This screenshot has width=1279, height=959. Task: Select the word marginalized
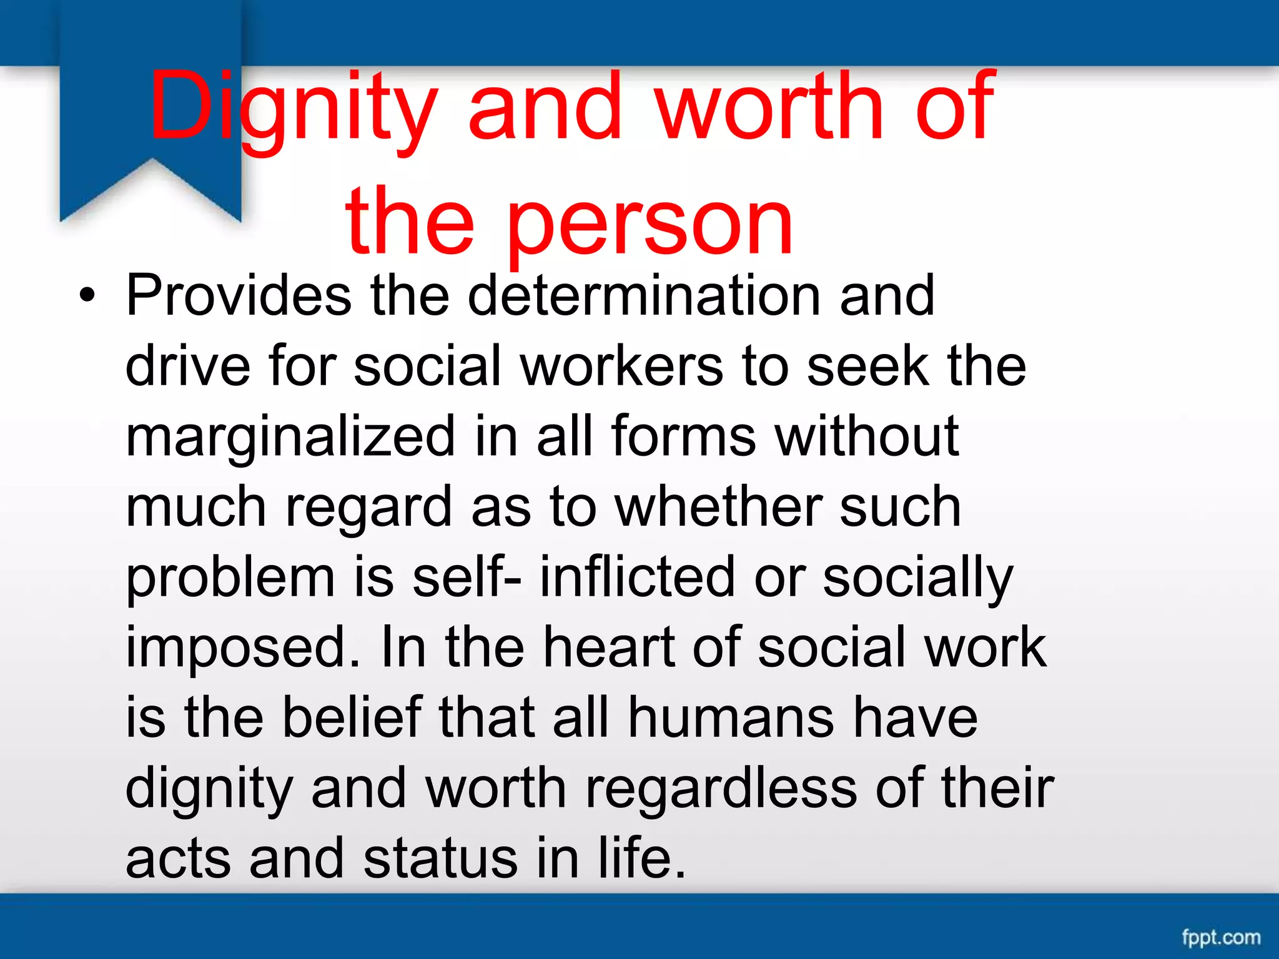coord(290,437)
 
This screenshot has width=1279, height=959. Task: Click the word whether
coord(718,507)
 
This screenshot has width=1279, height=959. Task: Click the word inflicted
coord(638,577)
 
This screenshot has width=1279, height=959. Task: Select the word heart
coord(608,647)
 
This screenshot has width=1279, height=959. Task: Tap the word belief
coord(352,718)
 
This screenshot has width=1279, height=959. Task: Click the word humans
coord(731,718)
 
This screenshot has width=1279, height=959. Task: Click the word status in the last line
coord(441,859)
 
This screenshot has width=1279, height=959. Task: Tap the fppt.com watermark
coord(1220,937)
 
